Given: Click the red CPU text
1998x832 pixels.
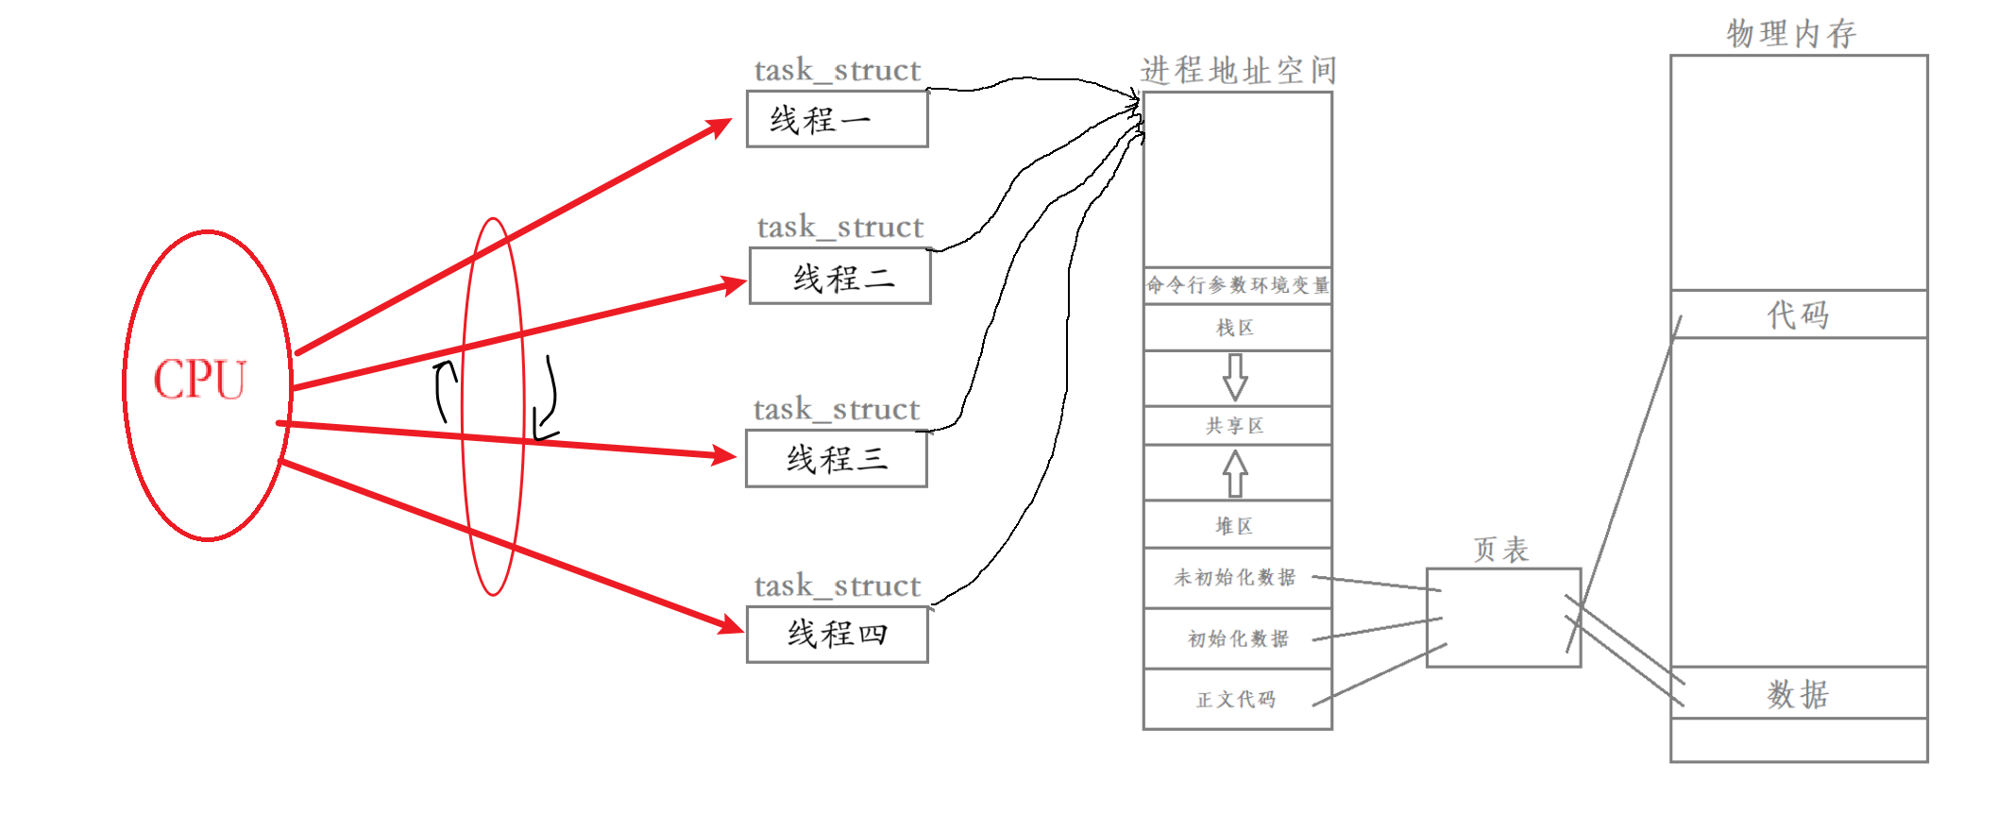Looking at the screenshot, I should pyautogui.click(x=199, y=380).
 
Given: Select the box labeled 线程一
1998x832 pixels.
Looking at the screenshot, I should pyautogui.click(x=837, y=120).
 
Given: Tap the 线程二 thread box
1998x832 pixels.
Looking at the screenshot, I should pyautogui.click(x=839, y=277).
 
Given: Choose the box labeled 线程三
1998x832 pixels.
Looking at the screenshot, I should pyautogui.click(x=836, y=459).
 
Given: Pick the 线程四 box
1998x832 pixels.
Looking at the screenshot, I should pyautogui.click(x=837, y=634).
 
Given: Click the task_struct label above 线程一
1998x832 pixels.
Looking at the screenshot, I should pyautogui.click(x=837, y=70).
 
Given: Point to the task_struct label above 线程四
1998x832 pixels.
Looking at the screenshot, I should pyautogui.click(x=837, y=586).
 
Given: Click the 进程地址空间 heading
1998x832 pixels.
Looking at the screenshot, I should pyautogui.click(x=1238, y=70).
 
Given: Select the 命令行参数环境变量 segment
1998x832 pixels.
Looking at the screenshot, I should pyautogui.click(x=1237, y=285).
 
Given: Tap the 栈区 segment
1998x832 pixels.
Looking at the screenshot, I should pyautogui.click(x=1236, y=328).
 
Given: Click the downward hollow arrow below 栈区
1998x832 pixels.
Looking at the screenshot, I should pyautogui.click(x=1235, y=378).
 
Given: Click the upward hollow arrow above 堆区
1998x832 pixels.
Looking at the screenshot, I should pyautogui.click(x=1235, y=472).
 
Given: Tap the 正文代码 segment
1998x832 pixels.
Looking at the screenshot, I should pyautogui.click(x=1236, y=700).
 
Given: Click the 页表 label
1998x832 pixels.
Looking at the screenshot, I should pyautogui.click(x=1501, y=550).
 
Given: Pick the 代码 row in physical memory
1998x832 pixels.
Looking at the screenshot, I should pyautogui.click(x=1798, y=314).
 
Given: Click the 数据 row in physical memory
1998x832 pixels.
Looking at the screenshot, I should pyautogui.click(x=1798, y=694).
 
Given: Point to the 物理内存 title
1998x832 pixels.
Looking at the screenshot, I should pyautogui.click(x=1791, y=34).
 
